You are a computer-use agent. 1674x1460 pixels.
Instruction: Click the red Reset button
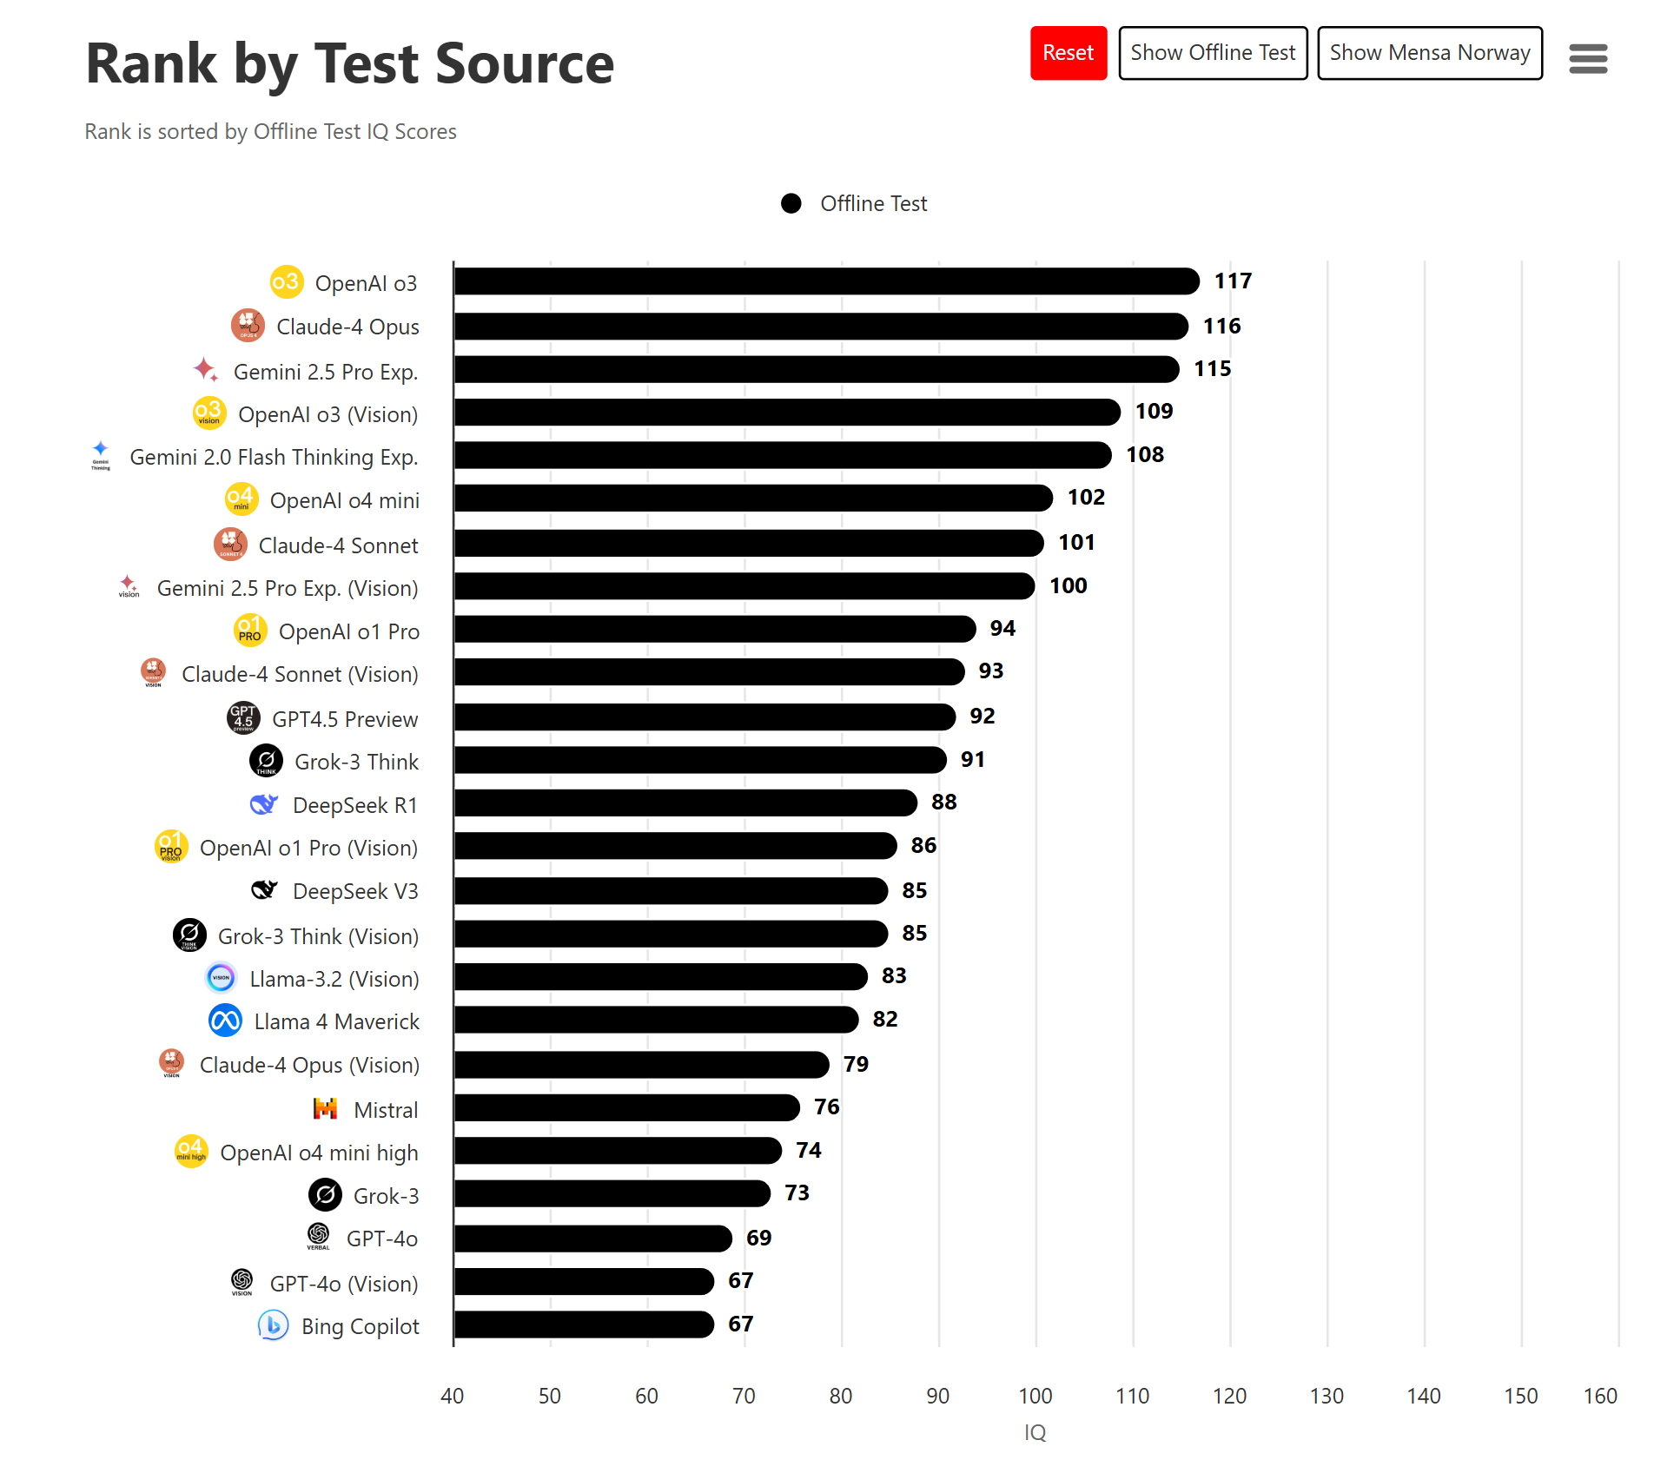(x=1068, y=53)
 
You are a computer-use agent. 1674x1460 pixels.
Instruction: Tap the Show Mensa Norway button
(x=1429, y=53)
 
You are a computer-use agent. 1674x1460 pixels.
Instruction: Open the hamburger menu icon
(x=1587, y=59)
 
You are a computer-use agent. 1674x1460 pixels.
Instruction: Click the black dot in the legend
(x=791, y=203)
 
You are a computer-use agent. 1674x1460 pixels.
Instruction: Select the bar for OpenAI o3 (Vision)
(x=786, y=412)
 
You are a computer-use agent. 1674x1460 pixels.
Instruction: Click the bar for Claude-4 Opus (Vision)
(x=641, y=1064)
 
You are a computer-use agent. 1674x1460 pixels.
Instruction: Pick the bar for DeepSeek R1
(x=685, y=803)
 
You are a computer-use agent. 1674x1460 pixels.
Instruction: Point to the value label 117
(x=1232, y=281)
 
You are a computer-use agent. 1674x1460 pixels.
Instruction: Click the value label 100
(x=1068, y=585)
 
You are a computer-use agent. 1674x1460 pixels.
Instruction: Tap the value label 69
(x=758, y=1238)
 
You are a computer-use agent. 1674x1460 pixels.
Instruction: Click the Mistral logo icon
(x=325, y=1108)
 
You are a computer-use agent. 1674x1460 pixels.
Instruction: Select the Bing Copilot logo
(x=273, y=1325)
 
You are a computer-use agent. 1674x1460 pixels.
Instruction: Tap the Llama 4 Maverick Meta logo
(x=225, y=1021)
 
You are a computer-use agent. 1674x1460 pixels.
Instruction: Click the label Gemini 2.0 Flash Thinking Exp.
(x=274, y=457)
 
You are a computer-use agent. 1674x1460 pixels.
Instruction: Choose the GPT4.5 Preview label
(x=345, y=719)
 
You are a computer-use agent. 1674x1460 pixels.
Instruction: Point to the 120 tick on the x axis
(x=1229, y=1396)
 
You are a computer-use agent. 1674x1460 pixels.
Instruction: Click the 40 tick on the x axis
(x=452, y=1396)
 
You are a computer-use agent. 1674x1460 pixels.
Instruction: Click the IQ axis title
(x=1035, y=1432)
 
